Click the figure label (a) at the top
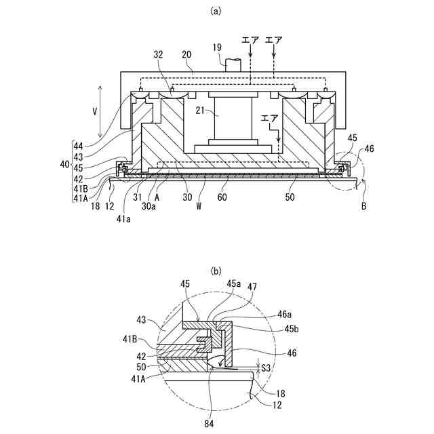pyautogui.click(x=216, y=11)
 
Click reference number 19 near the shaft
pyautogui.click(x=216, y=47)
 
